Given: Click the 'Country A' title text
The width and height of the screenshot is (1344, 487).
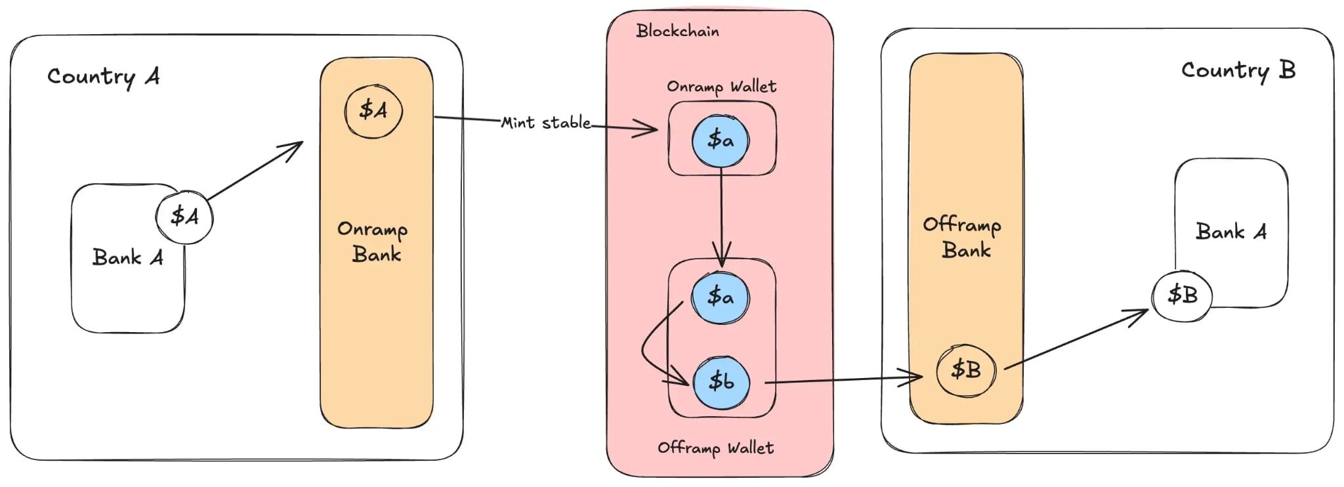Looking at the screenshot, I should [103, 77].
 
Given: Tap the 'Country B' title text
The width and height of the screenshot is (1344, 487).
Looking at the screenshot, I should [1238, 71].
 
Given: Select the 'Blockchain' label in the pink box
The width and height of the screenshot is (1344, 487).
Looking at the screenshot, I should [677, 31].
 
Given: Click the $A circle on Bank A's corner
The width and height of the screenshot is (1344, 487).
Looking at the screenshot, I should [184, 217].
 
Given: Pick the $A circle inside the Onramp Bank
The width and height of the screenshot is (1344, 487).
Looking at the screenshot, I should [373, 110].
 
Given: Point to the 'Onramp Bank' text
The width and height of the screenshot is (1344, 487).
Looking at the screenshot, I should [373, 242].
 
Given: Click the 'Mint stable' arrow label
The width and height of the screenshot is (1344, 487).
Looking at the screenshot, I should [545, 123].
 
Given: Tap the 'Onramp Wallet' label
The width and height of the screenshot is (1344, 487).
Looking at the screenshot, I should [721, 87].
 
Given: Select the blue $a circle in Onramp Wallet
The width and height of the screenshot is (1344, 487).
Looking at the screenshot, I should [721, 140].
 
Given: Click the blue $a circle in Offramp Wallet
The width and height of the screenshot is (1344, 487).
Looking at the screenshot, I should [721, 297].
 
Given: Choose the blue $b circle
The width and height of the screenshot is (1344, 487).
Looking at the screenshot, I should [721, 381].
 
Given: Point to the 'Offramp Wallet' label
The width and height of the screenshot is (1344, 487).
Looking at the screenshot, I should [715, 448].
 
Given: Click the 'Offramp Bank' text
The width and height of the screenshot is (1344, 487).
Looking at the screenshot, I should [963, 238].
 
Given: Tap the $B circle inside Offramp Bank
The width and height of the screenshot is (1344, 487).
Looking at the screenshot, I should [966, 370].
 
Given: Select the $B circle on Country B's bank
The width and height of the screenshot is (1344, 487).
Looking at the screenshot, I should [1182, 295].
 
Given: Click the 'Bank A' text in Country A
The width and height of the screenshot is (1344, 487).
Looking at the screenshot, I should [128, 257].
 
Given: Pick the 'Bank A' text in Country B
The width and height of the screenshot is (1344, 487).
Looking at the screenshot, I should [1230, 232].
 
